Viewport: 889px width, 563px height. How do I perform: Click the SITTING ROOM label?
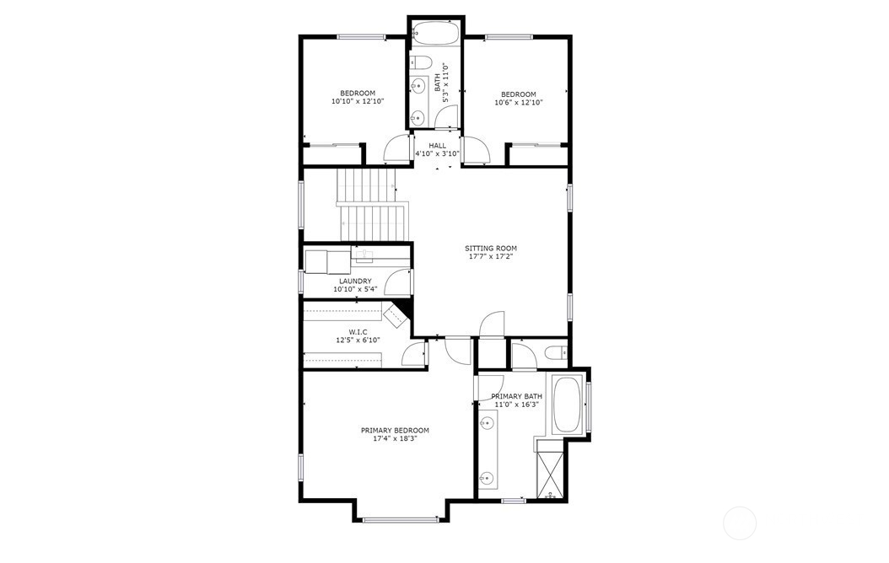pos(490,248)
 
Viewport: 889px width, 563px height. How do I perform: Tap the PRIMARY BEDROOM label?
pos(395,431)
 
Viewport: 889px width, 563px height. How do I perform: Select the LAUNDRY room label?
pos(355,281)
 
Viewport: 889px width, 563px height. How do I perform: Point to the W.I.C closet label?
pos(358,332)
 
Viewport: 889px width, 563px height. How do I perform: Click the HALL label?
pos(437,146)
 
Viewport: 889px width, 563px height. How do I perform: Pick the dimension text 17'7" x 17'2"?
pos(490,256)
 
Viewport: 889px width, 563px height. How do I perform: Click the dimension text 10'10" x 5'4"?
pos(355,289)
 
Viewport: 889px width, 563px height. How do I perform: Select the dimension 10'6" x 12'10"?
pos(518,103)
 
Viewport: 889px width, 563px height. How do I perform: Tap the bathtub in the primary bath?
pos(566,405)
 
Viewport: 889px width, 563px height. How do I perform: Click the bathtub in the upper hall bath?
pos(435,33)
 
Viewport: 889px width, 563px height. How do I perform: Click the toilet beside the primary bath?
pos(556,353)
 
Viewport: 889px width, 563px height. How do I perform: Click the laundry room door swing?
pos(397,282)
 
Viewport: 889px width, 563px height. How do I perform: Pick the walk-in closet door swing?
pos(414,355)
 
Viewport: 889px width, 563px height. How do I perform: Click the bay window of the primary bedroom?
pos(401,519)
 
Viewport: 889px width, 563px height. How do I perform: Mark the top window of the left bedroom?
pos(361,37)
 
